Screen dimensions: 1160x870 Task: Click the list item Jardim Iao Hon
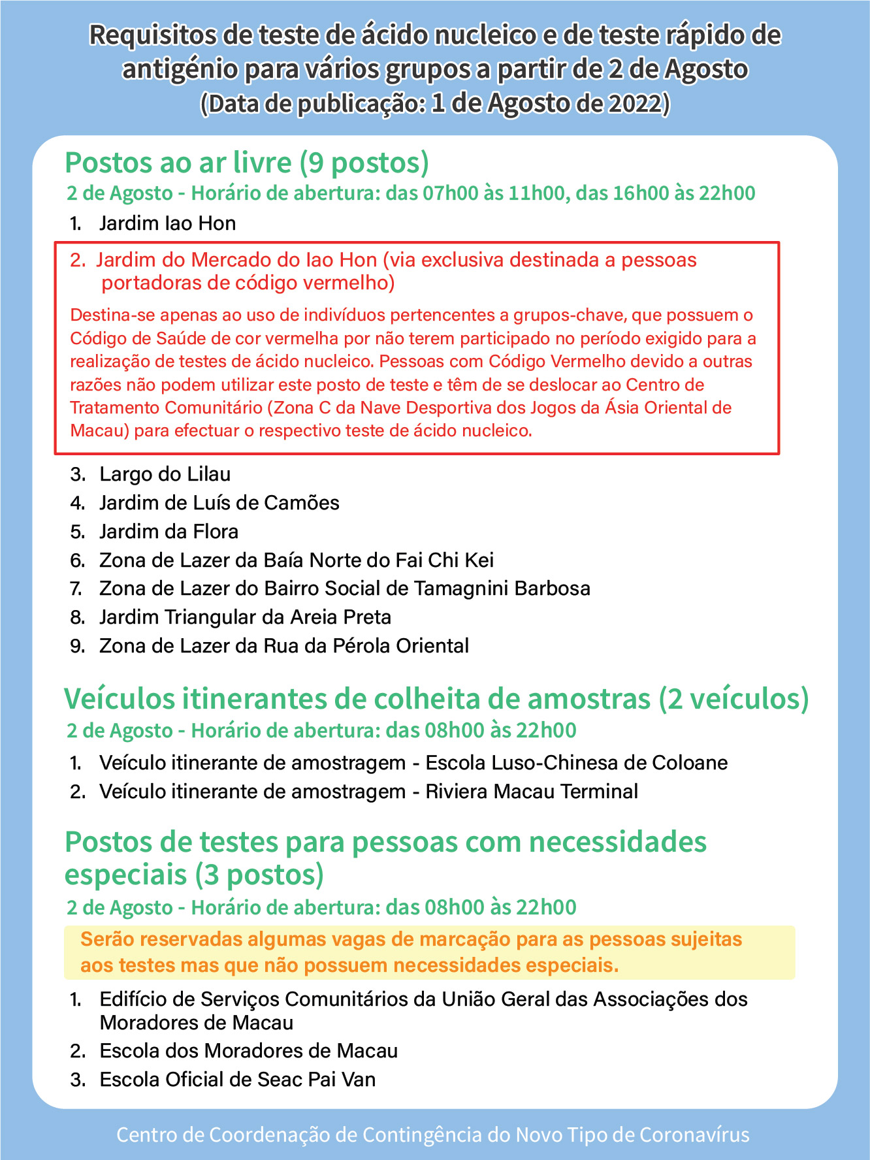(x=167, y=223)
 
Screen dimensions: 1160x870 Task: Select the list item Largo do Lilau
(x=165, y=474)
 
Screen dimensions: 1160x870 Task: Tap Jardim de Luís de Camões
(x=219, y=503)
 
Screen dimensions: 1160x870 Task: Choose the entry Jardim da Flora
(x=169, y=532)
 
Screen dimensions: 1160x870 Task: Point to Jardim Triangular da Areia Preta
(x=245, y=617)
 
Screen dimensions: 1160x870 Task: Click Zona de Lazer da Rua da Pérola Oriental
(x=284, y=646)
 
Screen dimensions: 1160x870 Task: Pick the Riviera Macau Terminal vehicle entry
(x=368, y=792)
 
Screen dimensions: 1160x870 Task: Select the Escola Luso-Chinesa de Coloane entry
(x=413, y=763)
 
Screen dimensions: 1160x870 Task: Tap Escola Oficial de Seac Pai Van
(x=237, y=1080)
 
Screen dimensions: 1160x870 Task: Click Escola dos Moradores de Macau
(x=248, y=1051)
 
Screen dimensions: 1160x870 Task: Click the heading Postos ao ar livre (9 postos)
(x=247, y=163)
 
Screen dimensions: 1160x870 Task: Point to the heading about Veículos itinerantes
(x=436, y=699)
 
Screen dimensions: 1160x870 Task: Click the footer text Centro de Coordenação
(x=432, y=1135)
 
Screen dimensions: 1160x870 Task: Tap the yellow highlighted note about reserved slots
(x=429, y=952)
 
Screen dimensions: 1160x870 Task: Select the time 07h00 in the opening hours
(x=451, y=193)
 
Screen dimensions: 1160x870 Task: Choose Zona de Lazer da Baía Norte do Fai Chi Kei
(x=296, y=560)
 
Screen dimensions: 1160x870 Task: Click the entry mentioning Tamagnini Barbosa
(x=344, y=588)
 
